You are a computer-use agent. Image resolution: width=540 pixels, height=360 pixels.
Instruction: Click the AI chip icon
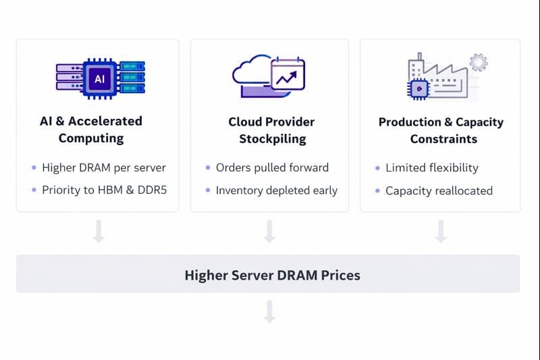(x=99, y=78)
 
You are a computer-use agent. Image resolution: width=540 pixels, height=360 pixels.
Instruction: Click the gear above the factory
(x=479, y=63)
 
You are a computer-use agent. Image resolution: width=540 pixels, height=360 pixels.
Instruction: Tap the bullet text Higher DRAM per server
(x=104, y=168)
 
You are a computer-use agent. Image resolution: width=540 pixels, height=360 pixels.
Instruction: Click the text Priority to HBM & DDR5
(x=104, y=190)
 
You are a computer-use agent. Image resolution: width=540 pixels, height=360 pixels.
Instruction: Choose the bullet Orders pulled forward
(x=272, y=168)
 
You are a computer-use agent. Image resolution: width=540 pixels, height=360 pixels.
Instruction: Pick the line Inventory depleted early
(x=276, y=190)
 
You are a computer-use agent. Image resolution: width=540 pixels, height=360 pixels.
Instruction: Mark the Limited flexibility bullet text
(x=432, y=168)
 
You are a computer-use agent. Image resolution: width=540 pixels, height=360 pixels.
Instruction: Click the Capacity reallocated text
(x=439, y=190)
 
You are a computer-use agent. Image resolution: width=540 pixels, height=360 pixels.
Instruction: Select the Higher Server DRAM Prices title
(x=272, y=275)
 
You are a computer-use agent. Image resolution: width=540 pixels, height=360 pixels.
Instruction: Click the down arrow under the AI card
(x=99, y=232)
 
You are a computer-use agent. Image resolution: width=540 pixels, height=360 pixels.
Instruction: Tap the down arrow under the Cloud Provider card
(x=269, y=232)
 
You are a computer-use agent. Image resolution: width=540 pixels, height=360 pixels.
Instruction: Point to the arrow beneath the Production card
(x=441, y=232)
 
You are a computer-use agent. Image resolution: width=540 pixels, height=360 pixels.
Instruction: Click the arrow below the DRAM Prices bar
(x=269, y=312)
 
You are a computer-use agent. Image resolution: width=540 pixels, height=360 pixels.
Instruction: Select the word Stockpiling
(x=272, y=139)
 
